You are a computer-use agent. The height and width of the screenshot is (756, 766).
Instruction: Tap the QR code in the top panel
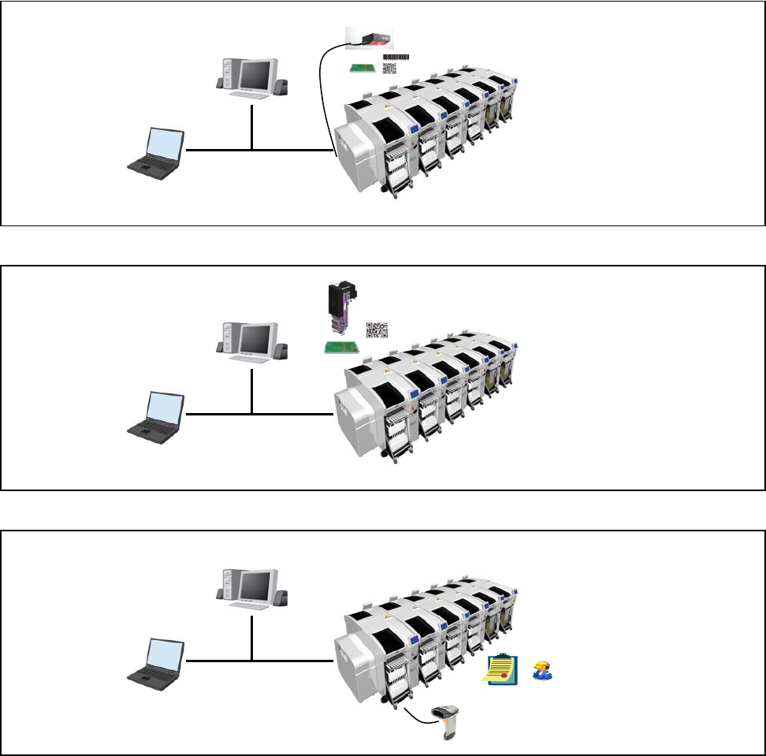pyautogui.click(x=389, y=69)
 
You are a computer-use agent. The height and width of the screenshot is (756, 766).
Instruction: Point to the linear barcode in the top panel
pyautogui.click(x=396, y=57)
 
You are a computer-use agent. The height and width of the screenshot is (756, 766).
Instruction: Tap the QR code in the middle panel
pyautogui.click(x=376, y=330)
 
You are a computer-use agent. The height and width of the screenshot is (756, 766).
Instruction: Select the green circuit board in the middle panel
pyautogui.click(x=343, y=348)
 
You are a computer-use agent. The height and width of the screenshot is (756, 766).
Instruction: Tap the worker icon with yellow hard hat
pyautogui.click(x=542, y=670)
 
